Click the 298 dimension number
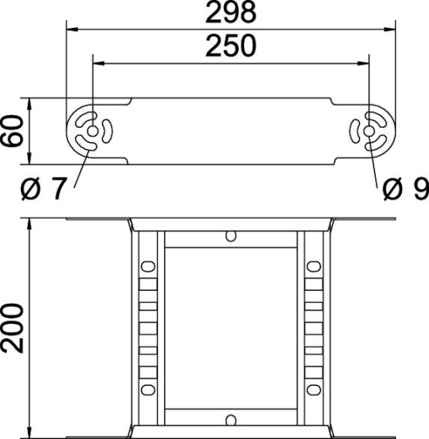(x=230, y=13)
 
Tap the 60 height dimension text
(x=12, y=131)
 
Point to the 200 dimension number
(x=12, y=329)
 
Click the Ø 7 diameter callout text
(x=42, y=190)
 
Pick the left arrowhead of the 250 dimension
(x=97, y=61)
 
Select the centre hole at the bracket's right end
(x=370, y=131)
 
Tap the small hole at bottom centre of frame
(x=230, y=417)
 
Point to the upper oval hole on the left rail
(x=148, y=267)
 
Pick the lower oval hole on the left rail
(x=148, y=389)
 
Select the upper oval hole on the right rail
(x=313, y=267)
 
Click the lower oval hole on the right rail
(x=313, y=389)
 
